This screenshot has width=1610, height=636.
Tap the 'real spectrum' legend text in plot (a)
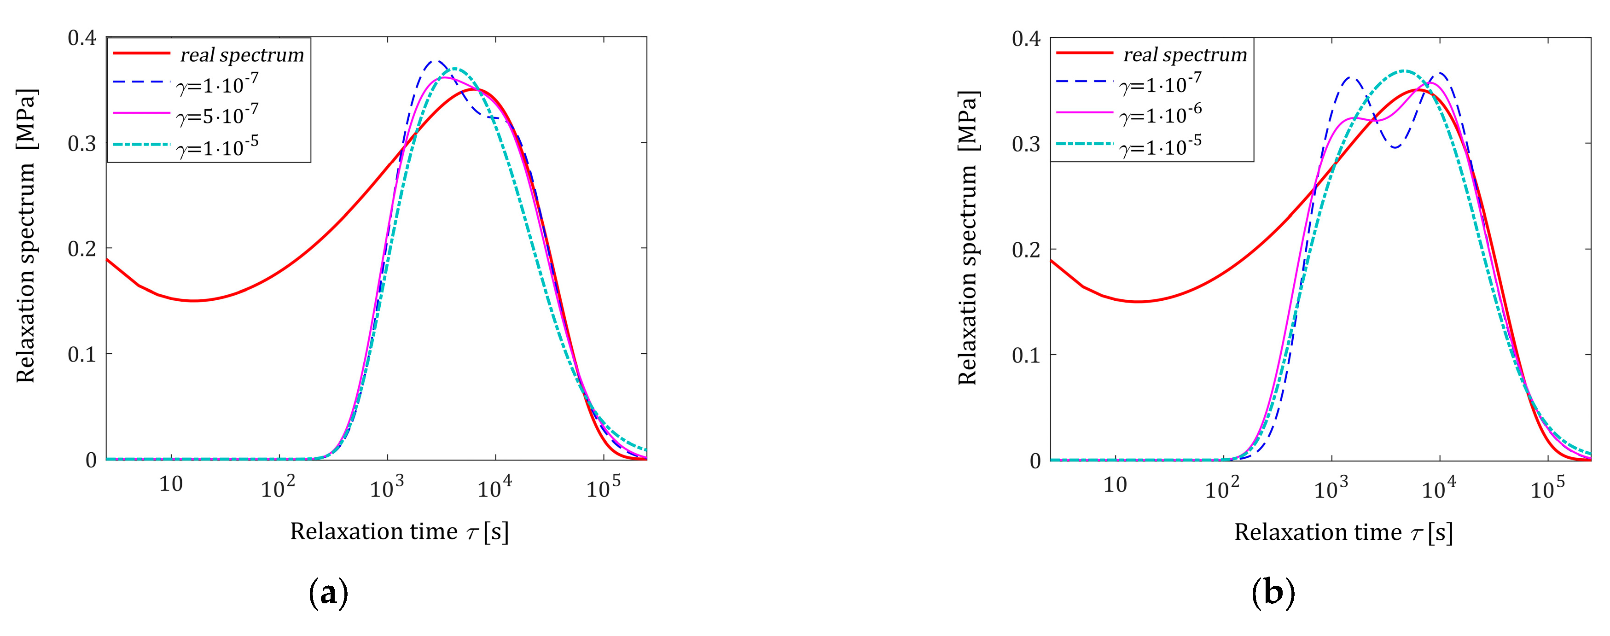click(242, 55)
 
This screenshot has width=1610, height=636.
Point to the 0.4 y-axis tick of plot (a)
click(82, 38)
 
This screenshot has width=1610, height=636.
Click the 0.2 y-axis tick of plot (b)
click(1026, 250)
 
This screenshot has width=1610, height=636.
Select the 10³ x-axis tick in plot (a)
click(387, 488)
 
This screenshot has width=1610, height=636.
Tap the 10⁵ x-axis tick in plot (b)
click(1547, 488)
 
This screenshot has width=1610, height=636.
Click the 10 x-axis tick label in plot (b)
click(1115, 484)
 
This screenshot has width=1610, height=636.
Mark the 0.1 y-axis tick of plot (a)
click(82, 355)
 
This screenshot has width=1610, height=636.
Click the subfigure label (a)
click(329, 593)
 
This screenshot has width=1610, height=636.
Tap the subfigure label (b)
click(1273, 593)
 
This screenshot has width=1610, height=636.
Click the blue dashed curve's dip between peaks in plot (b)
click(1395, 147)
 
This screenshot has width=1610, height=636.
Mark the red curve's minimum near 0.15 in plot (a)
click(194, 301)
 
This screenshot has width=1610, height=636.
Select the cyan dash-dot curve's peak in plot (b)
click(1404, 70)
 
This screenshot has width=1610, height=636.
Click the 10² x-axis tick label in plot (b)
click(1221, 488)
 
